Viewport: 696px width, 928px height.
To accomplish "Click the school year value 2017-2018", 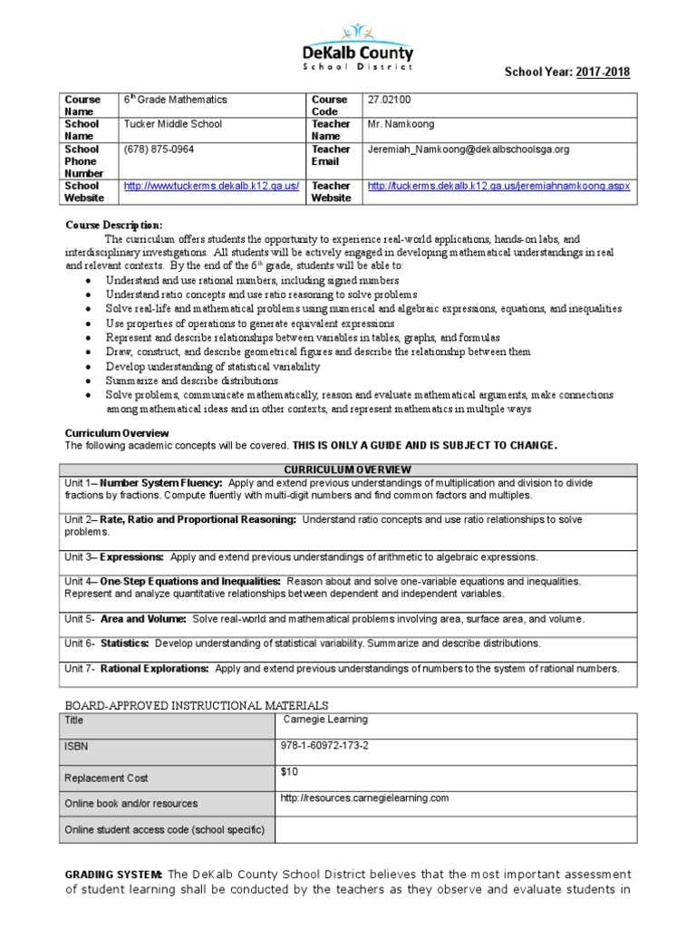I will coord(602,72).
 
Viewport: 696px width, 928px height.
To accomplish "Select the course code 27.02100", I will coord(390,100).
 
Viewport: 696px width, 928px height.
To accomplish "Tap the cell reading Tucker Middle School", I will coord(172,124).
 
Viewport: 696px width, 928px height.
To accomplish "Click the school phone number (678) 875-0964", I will coord(159,149).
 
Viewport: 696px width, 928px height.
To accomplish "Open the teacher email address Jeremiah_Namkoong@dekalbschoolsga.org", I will coord(468,149).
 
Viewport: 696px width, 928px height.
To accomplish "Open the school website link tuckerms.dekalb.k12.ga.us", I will coord(211,186).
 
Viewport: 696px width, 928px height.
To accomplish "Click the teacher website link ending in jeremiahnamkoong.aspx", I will coord(498,186).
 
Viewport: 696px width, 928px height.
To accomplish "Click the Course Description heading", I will coord(114,224).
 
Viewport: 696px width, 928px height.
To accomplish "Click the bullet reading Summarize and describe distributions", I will coord(179,381).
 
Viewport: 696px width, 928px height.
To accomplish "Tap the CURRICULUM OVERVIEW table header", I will coord(348,469).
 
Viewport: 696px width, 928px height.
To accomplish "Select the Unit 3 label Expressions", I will coord(132,556).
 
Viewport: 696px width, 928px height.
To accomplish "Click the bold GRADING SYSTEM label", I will coord(114,874).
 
